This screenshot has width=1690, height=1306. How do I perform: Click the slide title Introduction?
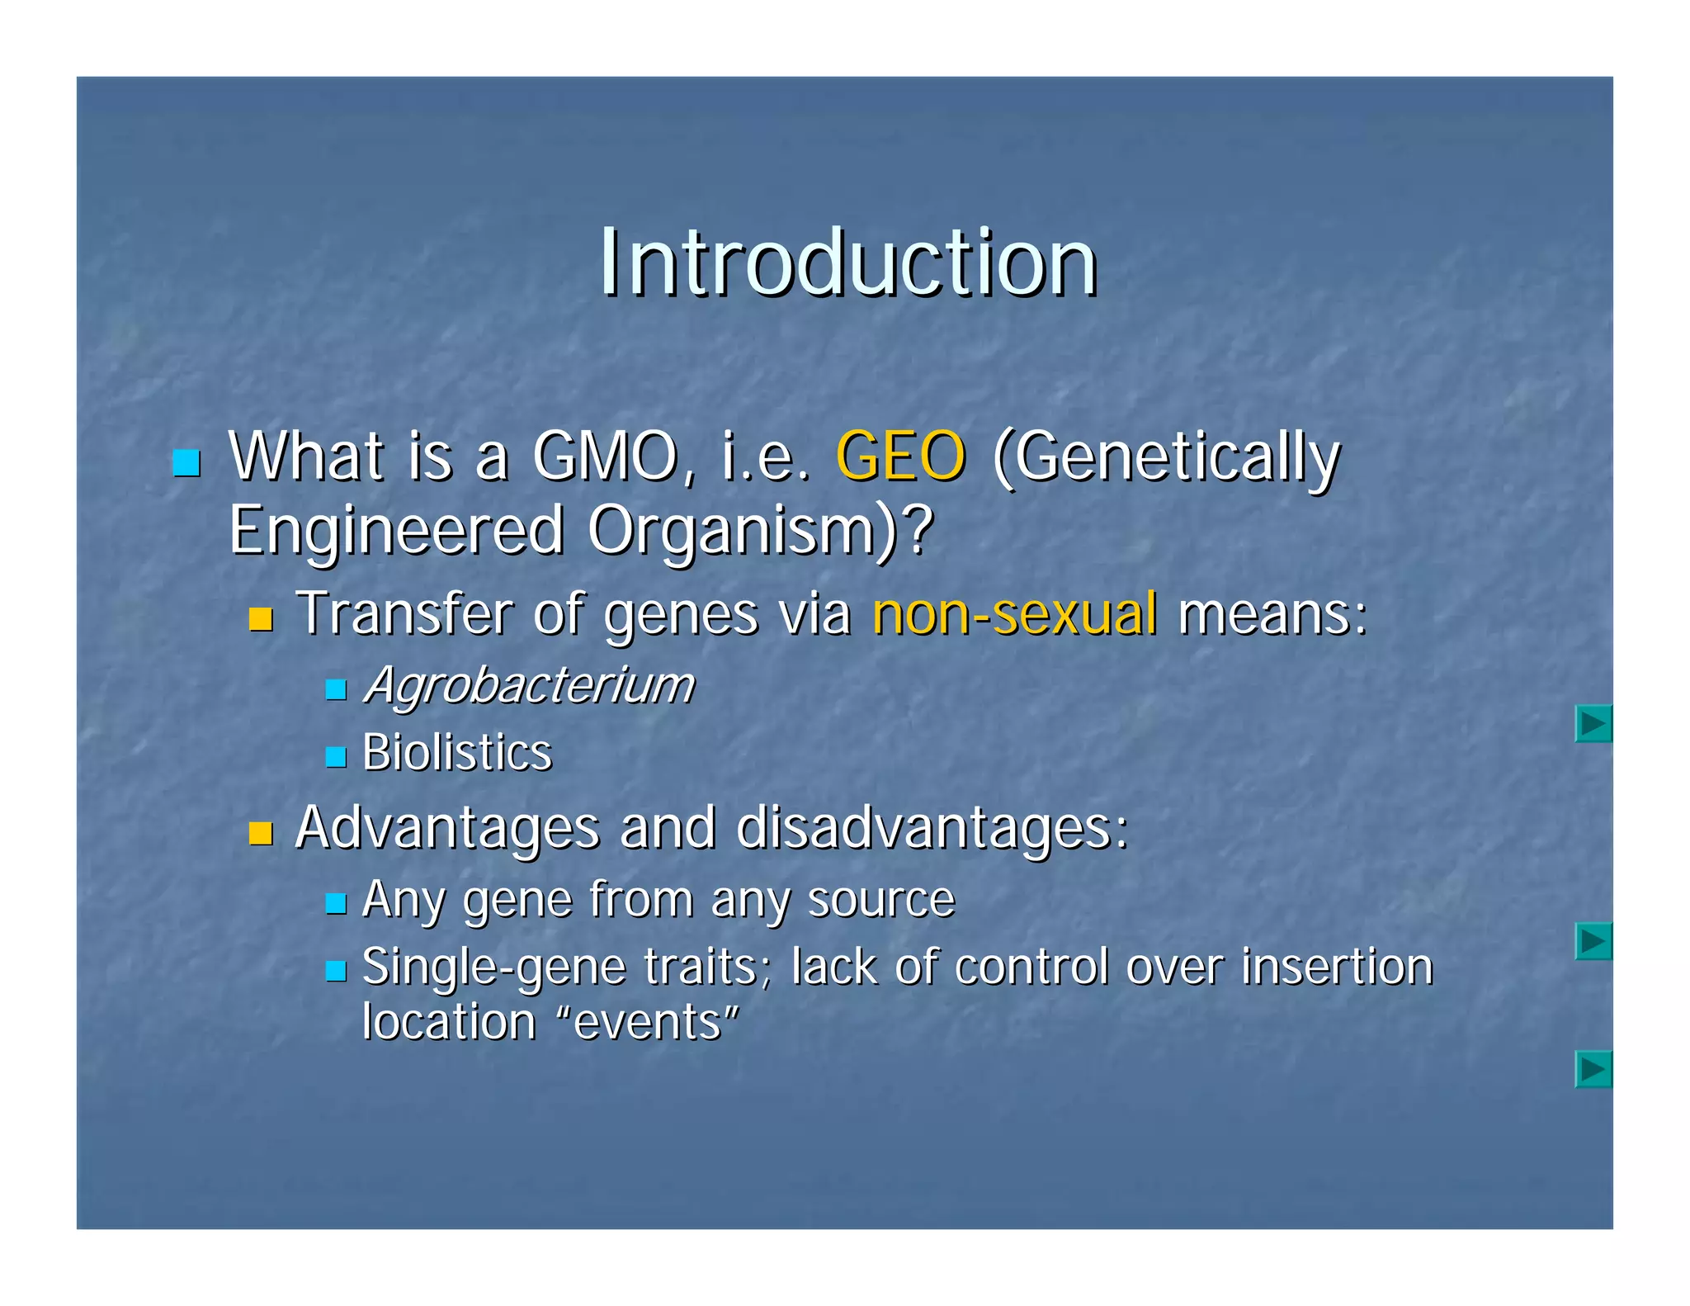[x=847, y=263]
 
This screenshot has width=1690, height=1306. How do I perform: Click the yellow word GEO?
[x=900, y=457]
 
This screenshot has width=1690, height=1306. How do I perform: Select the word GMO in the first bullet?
[x=606, y=457]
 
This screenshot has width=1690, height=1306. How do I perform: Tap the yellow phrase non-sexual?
[x=1014, y=614]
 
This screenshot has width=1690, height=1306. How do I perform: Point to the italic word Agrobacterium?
[x=529, y=686]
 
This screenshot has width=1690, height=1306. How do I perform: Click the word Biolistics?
[x=457, y=753]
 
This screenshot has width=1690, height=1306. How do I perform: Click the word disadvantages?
[x=931, y=827]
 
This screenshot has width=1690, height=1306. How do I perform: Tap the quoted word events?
[x=647, y=1022]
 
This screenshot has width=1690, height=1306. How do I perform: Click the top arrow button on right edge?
[x=1593, y=724]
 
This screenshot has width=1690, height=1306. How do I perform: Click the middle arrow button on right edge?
[x=1593, y=941]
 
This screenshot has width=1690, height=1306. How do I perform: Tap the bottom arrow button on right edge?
[x=1593, y=1070]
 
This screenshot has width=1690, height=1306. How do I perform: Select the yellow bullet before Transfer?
[x=261, y=619]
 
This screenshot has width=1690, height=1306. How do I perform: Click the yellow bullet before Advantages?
[x=261, y=833]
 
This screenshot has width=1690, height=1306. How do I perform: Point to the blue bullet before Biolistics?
[x=335, y=757]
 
